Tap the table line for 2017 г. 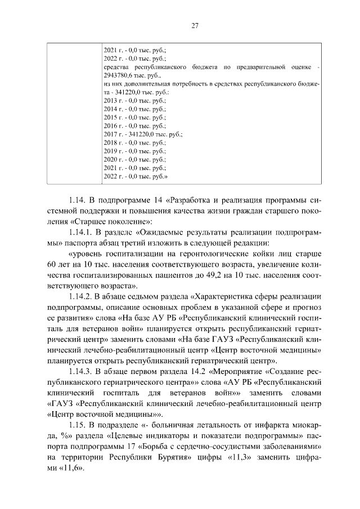tap(144, 134)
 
